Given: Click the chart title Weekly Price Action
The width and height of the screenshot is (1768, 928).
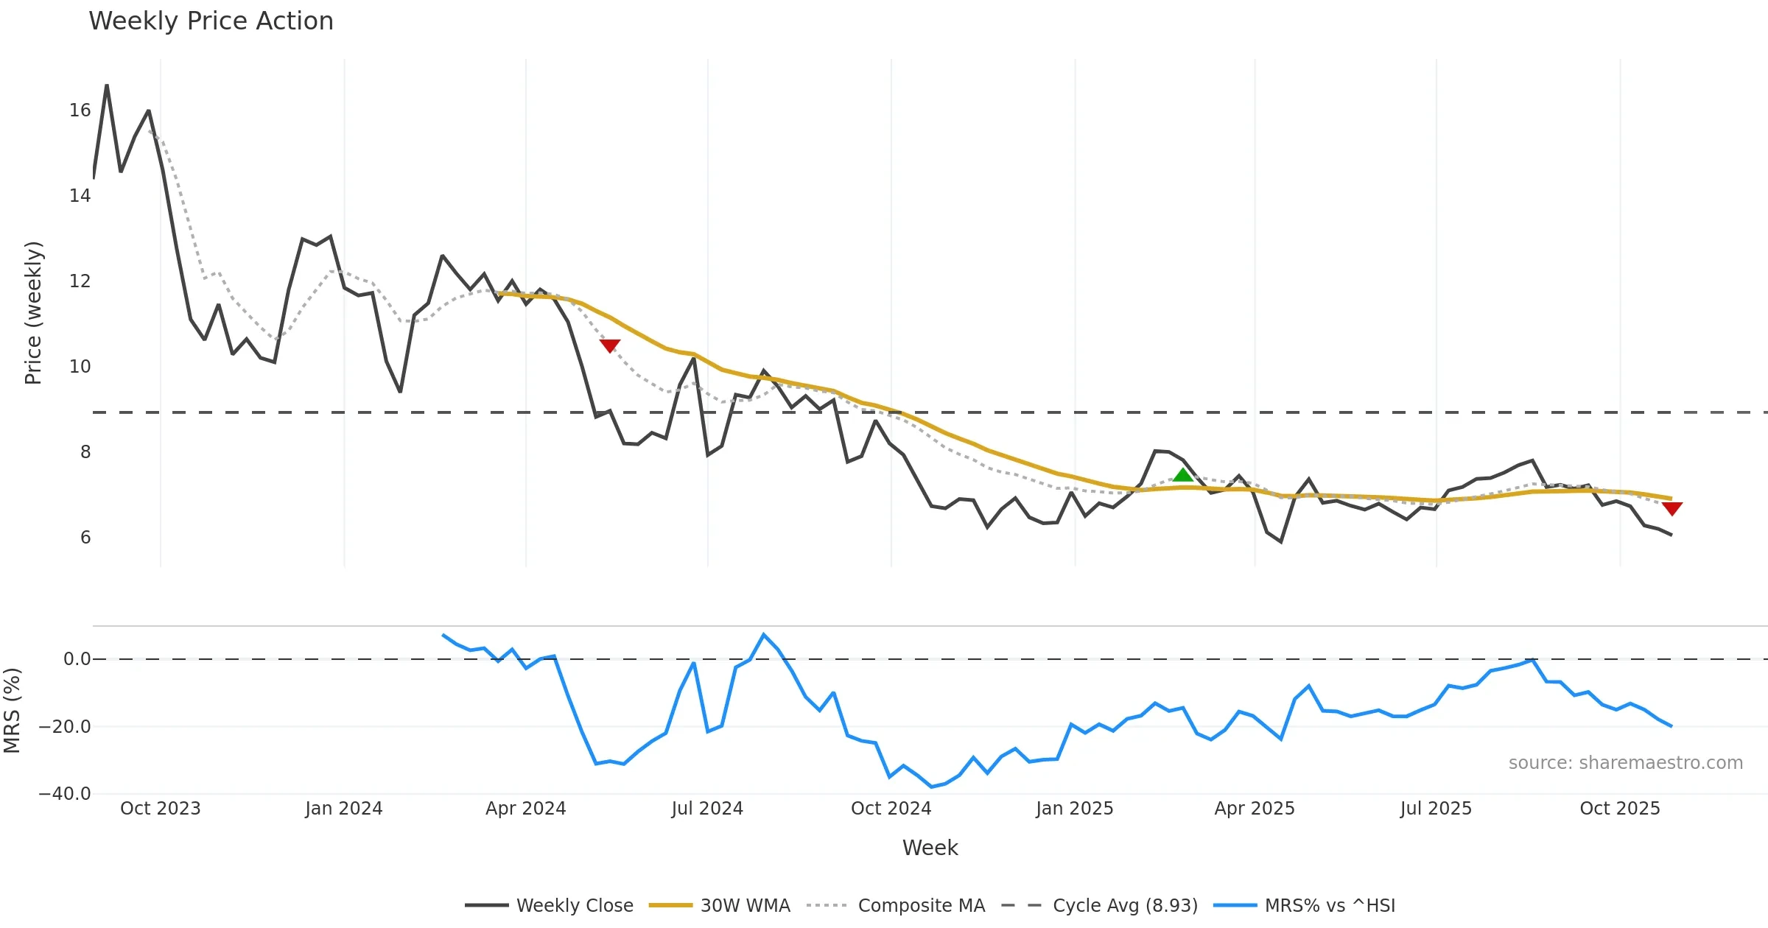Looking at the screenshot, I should click(211, 21).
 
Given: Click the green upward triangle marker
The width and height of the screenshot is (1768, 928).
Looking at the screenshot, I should click(1182, 475).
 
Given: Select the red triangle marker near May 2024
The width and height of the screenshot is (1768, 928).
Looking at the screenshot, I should click(609, 345).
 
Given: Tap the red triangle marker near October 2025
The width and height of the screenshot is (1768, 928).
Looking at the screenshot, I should click(1671, 508).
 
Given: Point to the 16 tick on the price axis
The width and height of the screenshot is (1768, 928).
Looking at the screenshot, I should click(80, 110).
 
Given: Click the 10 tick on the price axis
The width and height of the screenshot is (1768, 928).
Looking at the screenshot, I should click(80, 367).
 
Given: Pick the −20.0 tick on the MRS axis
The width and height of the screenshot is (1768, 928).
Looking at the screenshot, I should click(65, 727).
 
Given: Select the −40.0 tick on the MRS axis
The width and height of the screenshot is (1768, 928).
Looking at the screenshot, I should click(65, 794).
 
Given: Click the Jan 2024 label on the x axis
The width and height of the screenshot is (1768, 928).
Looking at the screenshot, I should click(344, 809).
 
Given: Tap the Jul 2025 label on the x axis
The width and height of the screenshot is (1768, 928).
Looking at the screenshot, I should click(1436, 809).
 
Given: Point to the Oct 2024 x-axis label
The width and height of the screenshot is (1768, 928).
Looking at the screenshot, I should click(891, 809).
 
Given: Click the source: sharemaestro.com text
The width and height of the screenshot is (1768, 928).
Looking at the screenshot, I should click(1625, 763).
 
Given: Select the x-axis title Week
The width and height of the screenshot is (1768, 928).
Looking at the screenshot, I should click(930, 848).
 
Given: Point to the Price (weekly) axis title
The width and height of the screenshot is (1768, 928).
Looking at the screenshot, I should click(33, 313).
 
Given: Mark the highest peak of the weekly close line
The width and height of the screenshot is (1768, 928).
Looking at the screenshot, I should click(107, 86).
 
